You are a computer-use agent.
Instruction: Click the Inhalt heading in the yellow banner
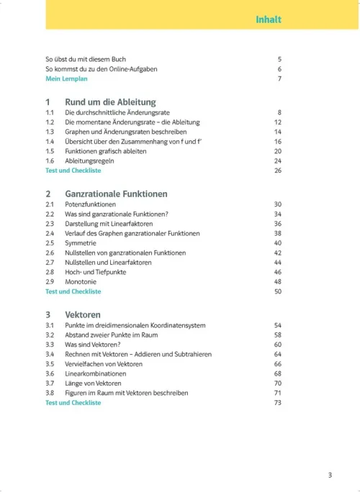tap(268, 19)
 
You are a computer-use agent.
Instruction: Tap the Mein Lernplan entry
tap(64, 78)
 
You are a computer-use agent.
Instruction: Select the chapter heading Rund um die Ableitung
tap(110, 102)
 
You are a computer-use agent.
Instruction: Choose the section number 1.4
tap(50, 142)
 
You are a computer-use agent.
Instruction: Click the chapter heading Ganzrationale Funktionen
tap(116, 194)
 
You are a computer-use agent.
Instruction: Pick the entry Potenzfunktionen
tap(91, 205)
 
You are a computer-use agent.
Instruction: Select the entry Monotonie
tap(81, 282)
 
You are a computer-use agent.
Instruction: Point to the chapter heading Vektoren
tap(83, 315)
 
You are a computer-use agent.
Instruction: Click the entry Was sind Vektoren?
tap(92, 345)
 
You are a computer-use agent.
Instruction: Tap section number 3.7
tap(50, 383)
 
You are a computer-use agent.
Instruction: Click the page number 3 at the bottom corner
tap(330, 475)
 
